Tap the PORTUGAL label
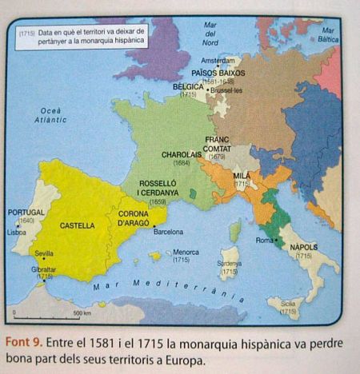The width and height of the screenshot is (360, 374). pyautogui.click(x=25, y=212)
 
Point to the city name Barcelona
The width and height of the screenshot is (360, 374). pyautogui.click(x=168, y=232)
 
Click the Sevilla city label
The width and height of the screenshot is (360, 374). pyautogui.click(x=45, y=253)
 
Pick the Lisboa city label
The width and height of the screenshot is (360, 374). pyautogui.click(x=16, y=232)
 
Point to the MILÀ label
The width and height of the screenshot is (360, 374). pyautogui.click(x=241, y=175)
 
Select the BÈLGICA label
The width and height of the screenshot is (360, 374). pyautogui.click(x=188, y=86)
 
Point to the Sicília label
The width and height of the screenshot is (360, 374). pyautogui.click(x=288, y=304)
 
